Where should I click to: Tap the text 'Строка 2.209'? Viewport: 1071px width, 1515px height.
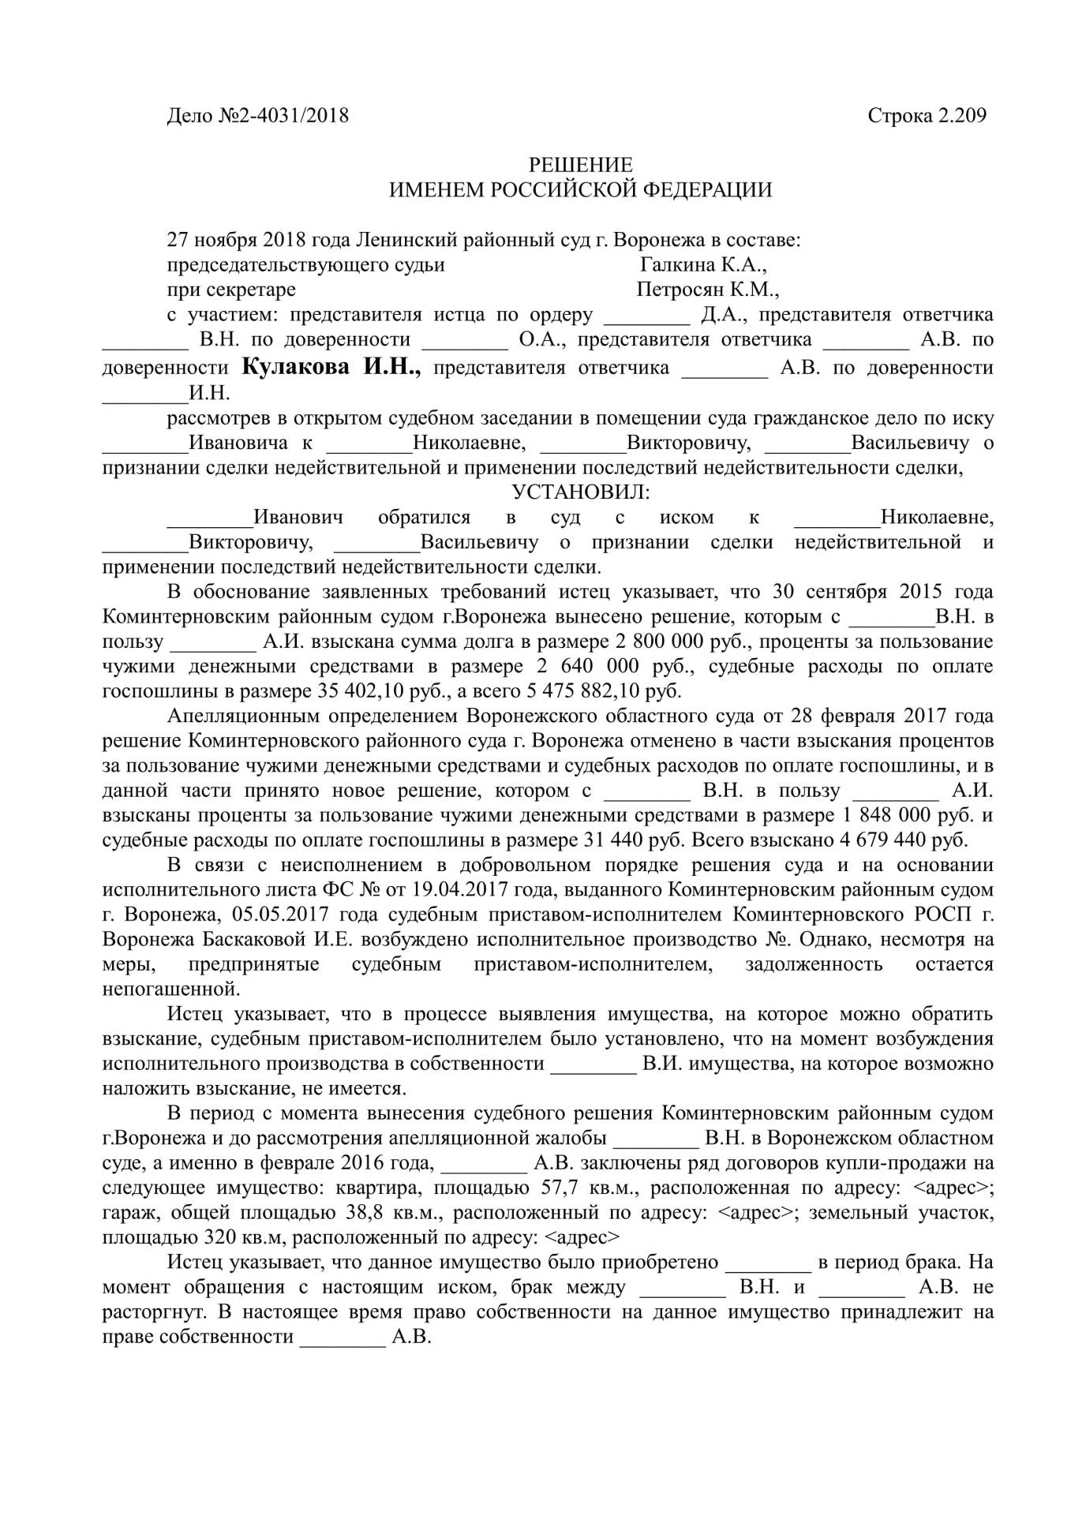coord(927,116)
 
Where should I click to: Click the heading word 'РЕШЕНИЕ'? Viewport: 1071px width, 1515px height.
coord(580,165)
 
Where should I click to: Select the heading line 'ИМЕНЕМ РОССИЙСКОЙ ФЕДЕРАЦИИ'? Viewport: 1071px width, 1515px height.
coord(580,190)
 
